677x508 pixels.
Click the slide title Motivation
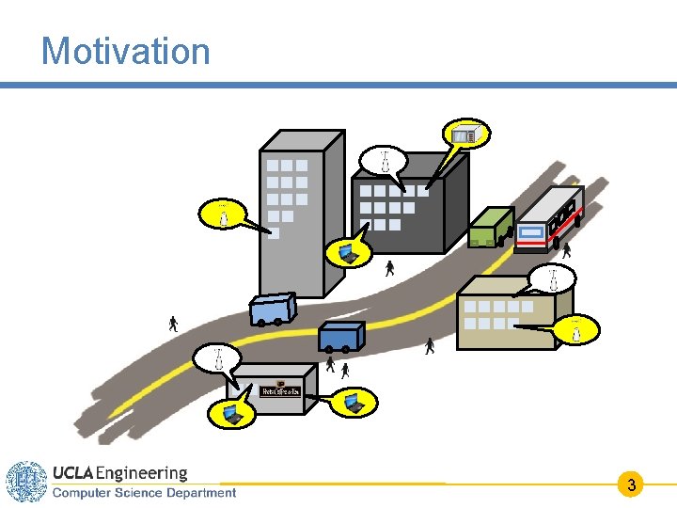click(125, 51)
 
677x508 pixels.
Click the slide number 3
click(632, 485)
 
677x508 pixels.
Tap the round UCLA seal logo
click(26, 482)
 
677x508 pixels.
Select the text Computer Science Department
click(144, 493)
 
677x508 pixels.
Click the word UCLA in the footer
click(72, 473)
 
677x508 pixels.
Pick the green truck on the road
click(490, 228)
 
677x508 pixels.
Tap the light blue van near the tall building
click(272, 309)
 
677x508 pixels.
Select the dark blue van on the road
click(340, 336)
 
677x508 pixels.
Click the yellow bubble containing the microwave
click(466, 135)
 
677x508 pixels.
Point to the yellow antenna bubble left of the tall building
click(223, 213)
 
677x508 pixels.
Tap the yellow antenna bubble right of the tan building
click(576, 328)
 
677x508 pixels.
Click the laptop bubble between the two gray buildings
click(348, 251)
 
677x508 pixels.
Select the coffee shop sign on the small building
click(280, 390)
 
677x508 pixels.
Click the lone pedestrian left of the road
click(173, 325)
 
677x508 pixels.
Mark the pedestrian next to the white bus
click(566, 251)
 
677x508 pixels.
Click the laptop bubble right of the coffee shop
click(354, 403)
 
